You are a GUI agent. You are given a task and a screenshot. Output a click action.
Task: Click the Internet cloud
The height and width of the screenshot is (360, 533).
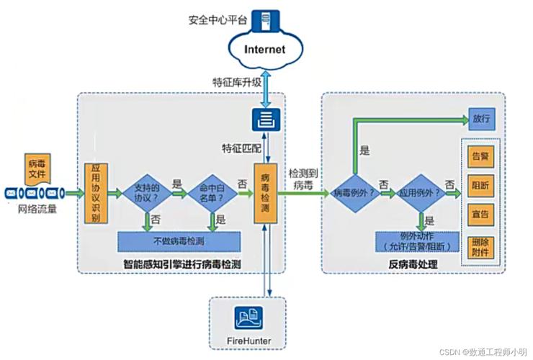coord(265,50)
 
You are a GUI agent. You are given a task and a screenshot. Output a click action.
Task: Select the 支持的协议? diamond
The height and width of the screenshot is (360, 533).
coord(146,192)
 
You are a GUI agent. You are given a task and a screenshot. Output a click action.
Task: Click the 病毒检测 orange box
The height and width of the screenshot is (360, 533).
coord(265,193)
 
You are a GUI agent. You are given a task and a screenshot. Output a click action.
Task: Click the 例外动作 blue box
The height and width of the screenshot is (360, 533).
coord(416,241)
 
